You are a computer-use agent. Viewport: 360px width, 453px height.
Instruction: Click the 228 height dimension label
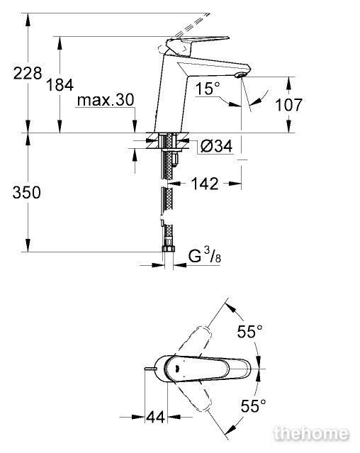tap(28, 73)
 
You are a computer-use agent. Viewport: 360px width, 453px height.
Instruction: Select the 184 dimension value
tap(60, 85)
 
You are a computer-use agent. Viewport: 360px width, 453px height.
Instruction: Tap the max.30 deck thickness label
tap(106, 100)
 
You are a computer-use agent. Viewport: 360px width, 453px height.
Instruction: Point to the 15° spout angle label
tap(208, 88)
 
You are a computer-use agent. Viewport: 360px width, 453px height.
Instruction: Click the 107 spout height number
tap(288, 105)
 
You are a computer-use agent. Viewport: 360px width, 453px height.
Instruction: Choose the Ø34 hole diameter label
tap(217, 146)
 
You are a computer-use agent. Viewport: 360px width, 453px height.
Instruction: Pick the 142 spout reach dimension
tap(205, 184)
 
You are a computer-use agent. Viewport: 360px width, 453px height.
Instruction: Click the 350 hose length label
tap(26, 192)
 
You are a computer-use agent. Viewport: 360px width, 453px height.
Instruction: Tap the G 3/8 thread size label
tap(205, 256)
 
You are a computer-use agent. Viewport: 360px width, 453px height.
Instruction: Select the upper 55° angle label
tap(250, 331)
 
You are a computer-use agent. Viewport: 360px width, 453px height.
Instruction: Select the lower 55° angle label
tap(254, 406)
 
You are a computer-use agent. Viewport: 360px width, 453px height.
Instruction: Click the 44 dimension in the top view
tap(156, 417)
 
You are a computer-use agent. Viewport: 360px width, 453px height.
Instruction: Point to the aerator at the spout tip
tap(240, 75)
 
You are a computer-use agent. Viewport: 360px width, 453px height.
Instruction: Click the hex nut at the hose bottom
tap(169, 249)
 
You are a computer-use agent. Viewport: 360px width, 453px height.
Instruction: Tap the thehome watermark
tap(312, 434)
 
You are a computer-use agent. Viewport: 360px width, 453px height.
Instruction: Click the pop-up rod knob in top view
tap(150, 369)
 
